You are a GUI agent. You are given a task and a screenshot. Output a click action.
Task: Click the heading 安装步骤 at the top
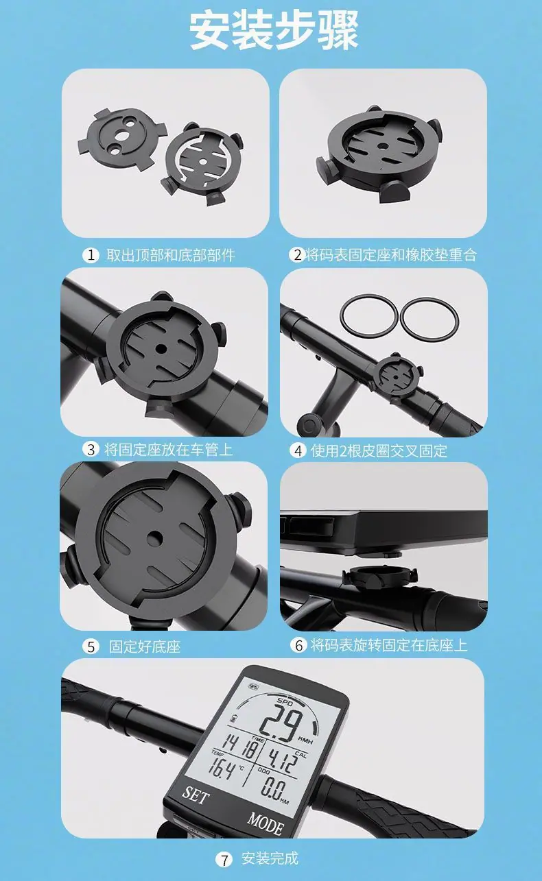pos(274,31)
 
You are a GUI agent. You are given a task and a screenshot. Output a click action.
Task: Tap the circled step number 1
pos(91,255)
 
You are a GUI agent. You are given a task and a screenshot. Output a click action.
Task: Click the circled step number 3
pos(91,449)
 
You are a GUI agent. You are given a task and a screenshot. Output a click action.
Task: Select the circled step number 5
pos(91,647)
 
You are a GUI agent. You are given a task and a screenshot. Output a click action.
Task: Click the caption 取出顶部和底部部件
pos(171,255)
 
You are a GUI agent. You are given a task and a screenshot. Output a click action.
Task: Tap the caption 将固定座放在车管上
pos(169,449)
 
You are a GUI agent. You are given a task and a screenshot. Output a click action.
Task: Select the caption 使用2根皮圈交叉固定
pos(379,450)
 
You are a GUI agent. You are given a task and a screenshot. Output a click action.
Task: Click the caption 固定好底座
pos(145,647)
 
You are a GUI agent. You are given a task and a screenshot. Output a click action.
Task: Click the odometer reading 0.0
pos(273,788)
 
